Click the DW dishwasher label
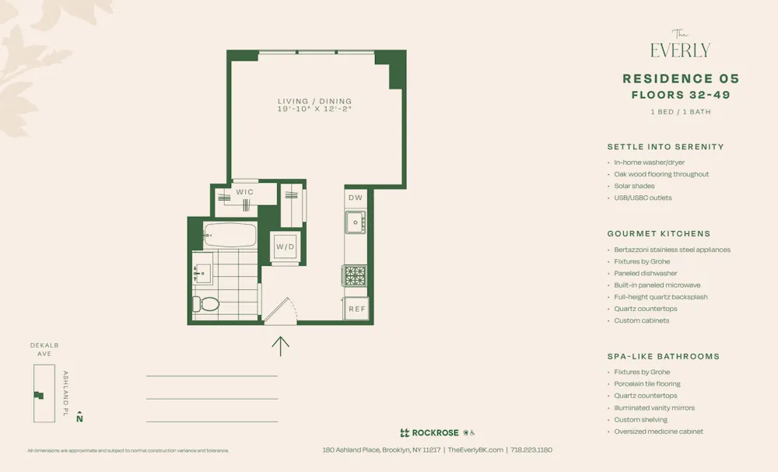pyautogui.click(x=356, y=198)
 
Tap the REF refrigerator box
pyautogui.click(x=356, y=309)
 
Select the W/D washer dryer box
pyautogui.click(x=286, y=246)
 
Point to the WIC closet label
pyautogui.click(x=244, y=192)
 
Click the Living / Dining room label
pyautogui.click(x=314, y=101)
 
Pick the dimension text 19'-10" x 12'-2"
pyautogui.click(x=314, y=109)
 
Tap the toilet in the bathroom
pyautogui.click(x=205, y=303)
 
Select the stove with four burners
pyautogui.click(x=356, y=275)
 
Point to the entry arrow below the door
pyautogui.click(x=280, y=345)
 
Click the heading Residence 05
pyautogui.click(x=681, y=79)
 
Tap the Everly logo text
pyautogui.click(x=680, y=50)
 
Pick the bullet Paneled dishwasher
pyautogui.click(x=645, y=274)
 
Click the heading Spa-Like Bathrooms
pyautogui.click(x=663, y=356)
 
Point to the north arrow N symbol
pyautogui.click(x=79, y=418)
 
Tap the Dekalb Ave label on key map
pyautogui.click(x=44, y=349)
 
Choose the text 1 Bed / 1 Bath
pyautogui.click(x=680, y=112)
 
